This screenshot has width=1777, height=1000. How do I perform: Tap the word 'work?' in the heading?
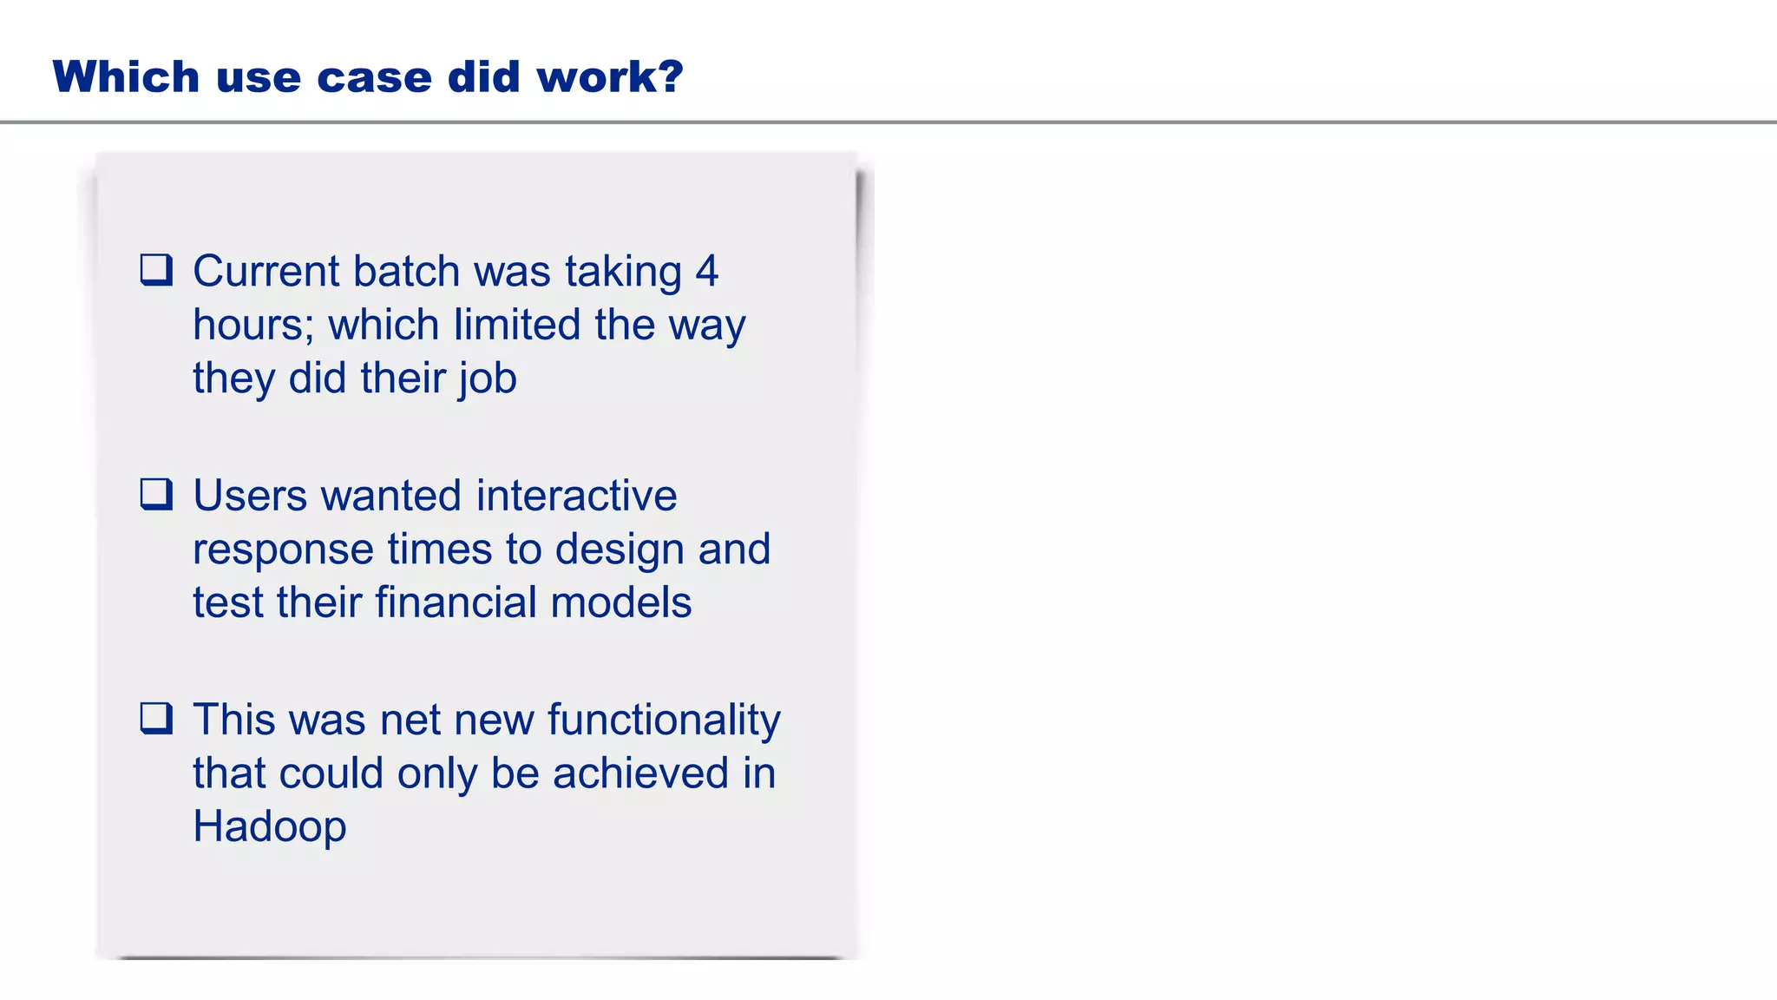[610, 76]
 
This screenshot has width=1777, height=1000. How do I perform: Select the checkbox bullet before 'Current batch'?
[156, 270]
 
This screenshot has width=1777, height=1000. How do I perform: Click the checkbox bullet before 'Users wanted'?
[156, 494]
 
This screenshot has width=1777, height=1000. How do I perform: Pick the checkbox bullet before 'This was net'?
[156, 719]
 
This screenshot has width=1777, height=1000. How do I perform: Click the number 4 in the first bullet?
[706, 271]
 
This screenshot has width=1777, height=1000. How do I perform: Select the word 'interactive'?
[576, 495]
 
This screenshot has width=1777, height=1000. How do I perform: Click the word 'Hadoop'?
[269, 826]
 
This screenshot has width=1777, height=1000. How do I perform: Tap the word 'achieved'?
[640, 773]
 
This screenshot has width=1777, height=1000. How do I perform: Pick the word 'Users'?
[250, 495]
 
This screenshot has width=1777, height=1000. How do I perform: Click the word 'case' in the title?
[374, 76]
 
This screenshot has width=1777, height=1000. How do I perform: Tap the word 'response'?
[283, 549]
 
